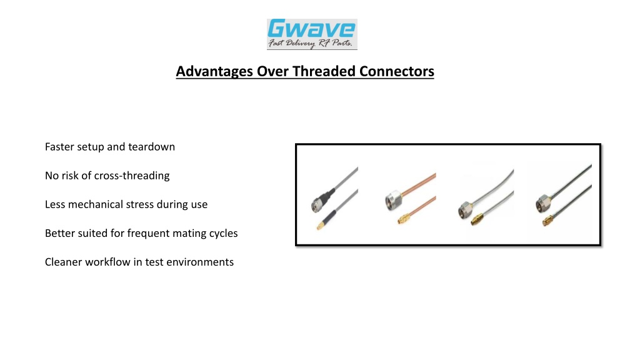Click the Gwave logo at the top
pos(312,34)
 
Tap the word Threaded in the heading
pos(324,71)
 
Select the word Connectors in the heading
pos(397,71)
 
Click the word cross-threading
pos(132,176)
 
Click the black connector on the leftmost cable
pos(322,201)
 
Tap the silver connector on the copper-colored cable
pos(393,199)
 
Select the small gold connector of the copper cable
pos(404,219)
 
